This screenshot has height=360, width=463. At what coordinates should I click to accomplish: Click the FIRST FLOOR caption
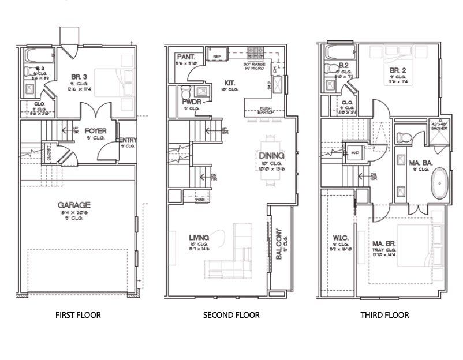point(78,315)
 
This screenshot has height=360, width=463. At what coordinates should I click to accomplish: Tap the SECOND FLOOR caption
point(231,315)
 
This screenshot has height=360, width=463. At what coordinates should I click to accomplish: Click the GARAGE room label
point(74,204)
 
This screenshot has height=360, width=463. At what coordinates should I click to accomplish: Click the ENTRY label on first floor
point(126,140)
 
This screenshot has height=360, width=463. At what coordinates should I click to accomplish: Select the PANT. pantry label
point(186,57)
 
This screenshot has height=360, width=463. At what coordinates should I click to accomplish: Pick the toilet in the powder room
point(186,93)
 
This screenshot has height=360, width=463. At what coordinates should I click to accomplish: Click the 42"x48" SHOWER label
point(439,125)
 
